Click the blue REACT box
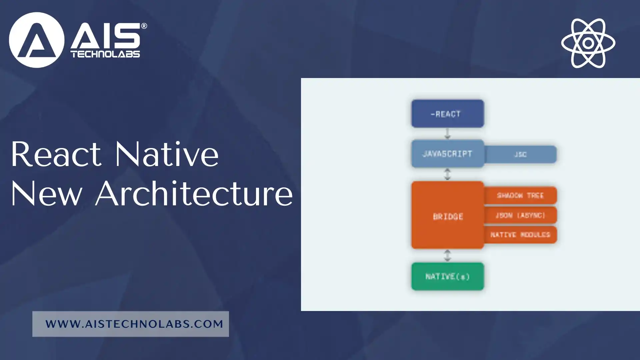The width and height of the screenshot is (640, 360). pos(447,114)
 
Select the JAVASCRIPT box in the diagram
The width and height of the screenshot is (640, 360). pos(447,154)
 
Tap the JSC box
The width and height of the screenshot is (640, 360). pos(520,154)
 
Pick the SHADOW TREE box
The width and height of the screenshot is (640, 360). pos(520,195)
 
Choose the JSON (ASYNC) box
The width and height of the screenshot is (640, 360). pos(520,215)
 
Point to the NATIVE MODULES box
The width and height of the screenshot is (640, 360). pos(520,235)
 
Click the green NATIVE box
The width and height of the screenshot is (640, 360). pos(447,276)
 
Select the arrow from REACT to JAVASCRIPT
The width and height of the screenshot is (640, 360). pos(447,133)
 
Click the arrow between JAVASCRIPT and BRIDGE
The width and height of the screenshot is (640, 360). pos(447,174)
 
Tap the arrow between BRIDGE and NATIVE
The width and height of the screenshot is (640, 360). pos(447,255)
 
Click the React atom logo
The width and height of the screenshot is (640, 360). pos(588,43)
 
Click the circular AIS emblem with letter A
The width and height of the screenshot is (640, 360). pos(36,40)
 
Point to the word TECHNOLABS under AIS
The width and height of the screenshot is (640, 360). pos(105,54)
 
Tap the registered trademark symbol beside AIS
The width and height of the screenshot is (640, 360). pos(144,26)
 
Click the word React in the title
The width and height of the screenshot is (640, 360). pos(56,154)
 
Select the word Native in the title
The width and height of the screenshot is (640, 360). pos(167,154)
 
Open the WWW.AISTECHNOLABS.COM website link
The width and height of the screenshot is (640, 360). pos(134,324)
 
